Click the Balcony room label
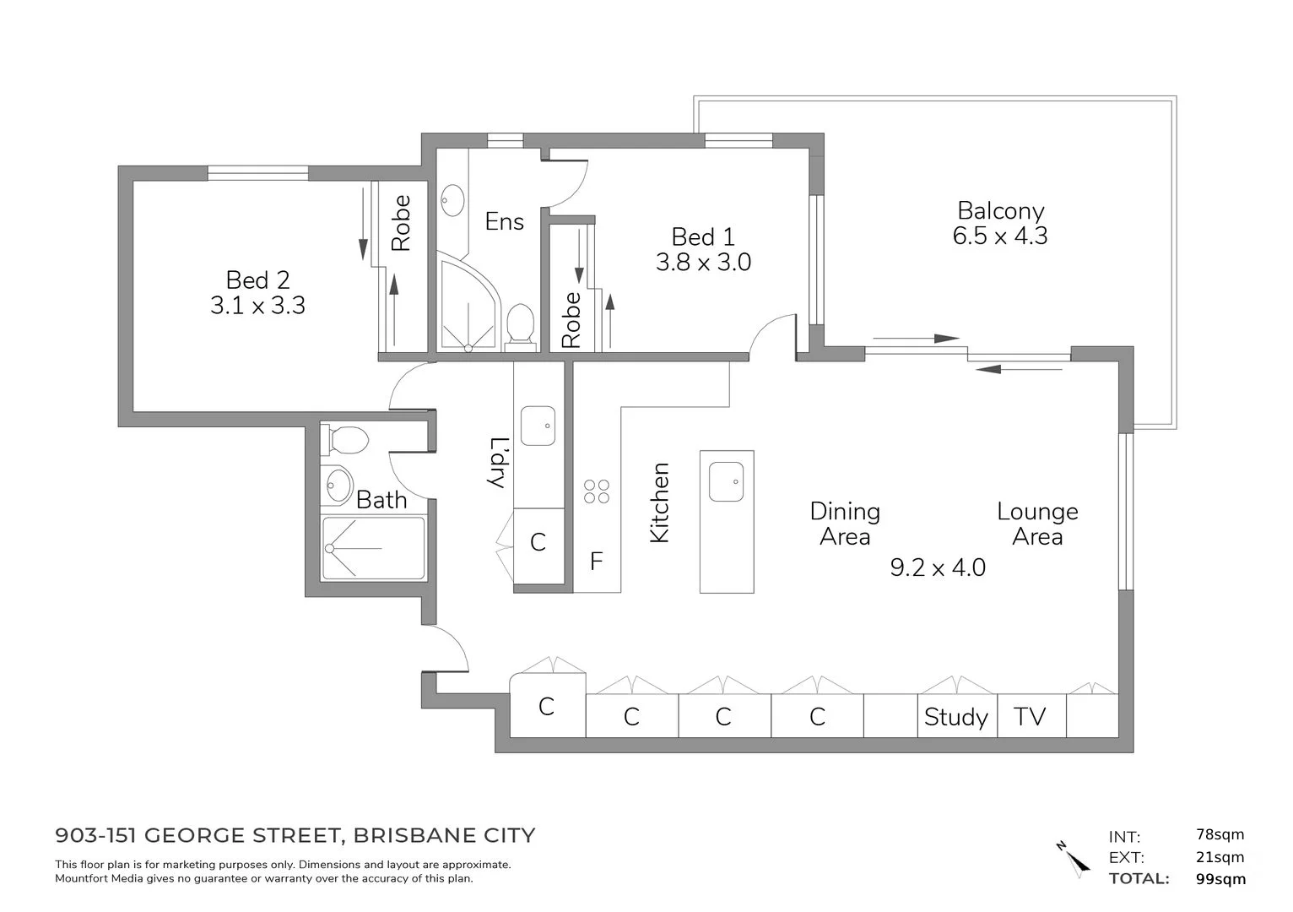[x=1000, y=210]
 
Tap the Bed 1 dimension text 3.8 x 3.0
[x=703, y=263]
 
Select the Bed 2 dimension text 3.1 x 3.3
[x=257, y=305]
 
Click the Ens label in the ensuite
[x=504, y=222]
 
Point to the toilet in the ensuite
[x=519, y=324]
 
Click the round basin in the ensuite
[x=452, y=201]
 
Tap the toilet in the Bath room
[x=347, y=440]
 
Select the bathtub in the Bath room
[x=373, y=548]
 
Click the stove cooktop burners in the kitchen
[x=597, y=491]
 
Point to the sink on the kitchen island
[x=726, y=481]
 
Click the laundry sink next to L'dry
[x=538, y=425]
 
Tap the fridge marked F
[x=597, y=562]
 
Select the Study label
[x=955, y=717]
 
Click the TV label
[x=1030, y=717]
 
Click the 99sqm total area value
[x=1220, y=878]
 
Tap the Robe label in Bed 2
[x=401, y=223]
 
